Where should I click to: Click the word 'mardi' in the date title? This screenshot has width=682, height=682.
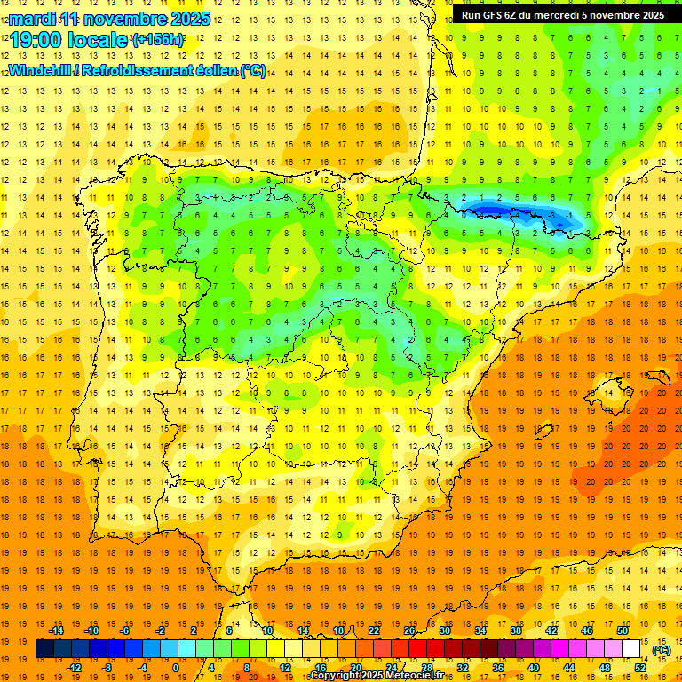point(30,18)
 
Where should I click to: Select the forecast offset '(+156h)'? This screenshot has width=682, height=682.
point(158,39)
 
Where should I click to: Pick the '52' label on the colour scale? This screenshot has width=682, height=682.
point(640,668)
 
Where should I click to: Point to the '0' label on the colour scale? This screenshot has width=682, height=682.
point(176,668)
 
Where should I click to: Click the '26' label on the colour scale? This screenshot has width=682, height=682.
point(409,630)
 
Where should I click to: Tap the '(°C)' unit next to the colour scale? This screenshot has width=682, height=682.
point(662,650)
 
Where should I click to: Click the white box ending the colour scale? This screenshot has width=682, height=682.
point(630,649)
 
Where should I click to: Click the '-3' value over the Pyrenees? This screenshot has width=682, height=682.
point(552,215)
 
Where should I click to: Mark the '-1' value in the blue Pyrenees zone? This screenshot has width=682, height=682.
point(569,215)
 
